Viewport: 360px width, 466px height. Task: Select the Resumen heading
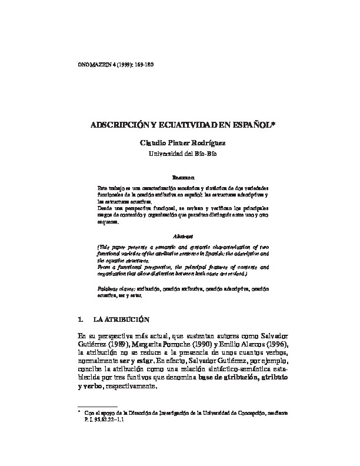(180, 176)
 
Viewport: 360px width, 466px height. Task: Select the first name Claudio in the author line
(153, 144)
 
